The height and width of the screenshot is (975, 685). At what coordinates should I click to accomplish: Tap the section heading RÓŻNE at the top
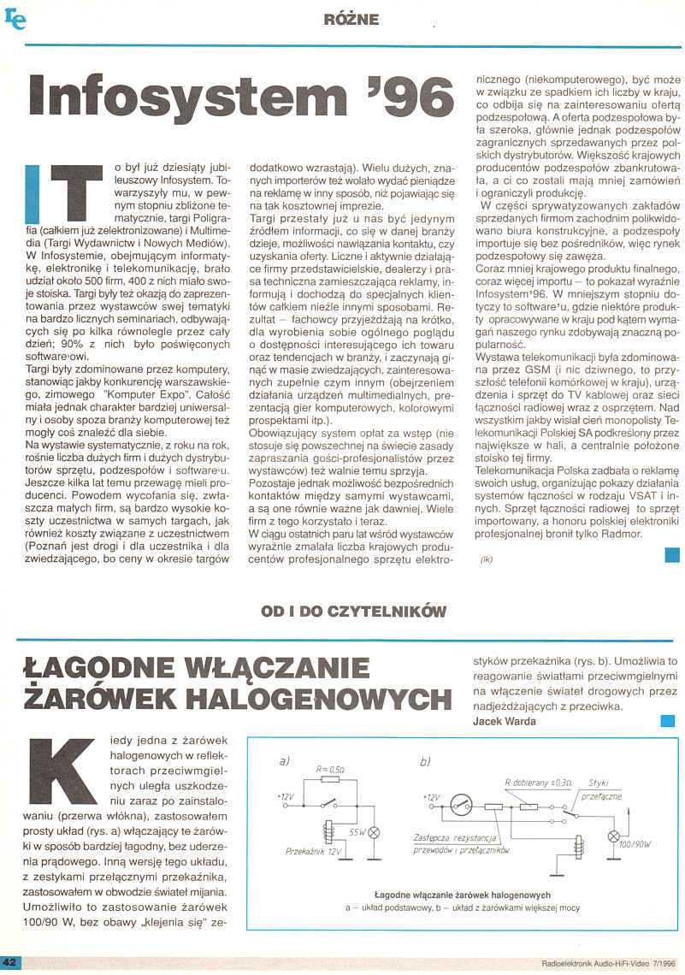tap(351, 19)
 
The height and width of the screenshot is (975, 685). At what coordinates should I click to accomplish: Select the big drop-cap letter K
tap(57, 767)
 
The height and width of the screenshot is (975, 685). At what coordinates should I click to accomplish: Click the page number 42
tap(12, 963)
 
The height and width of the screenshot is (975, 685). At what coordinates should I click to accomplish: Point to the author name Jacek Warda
tap(504, 721)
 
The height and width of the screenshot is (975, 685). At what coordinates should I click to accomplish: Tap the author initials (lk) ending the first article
tap(487, 560)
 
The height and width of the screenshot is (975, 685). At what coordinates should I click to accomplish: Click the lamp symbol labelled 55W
tap(373, 832)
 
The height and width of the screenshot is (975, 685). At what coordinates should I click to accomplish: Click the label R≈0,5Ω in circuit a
tap(329, 770)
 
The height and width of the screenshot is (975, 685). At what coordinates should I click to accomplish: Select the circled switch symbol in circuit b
tap(463, 806)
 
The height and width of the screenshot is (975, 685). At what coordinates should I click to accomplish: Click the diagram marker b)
tap(425, 761)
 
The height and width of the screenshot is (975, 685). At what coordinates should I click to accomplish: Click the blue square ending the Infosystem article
tap(672, 555)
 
